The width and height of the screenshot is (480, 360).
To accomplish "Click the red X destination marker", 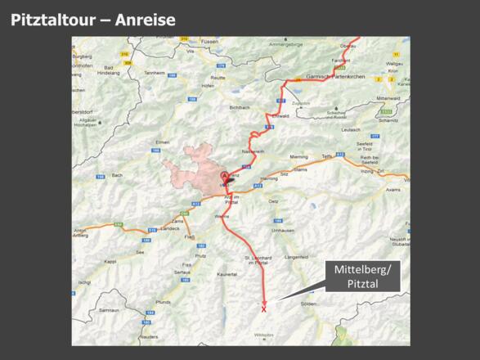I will (x=263, y=309).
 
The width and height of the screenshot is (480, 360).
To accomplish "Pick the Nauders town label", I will (x=148, y=336).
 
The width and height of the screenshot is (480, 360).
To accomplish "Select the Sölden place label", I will (x=308, y=304).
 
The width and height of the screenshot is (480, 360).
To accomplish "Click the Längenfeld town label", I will (x=295, y=256).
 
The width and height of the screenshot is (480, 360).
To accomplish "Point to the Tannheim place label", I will (x=155, y=72).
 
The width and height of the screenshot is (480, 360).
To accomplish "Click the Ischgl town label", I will (x=84, y=282).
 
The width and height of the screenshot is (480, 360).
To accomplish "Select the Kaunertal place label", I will (x=227, y=274).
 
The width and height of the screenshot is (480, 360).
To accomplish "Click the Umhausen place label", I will (x=283, y=231).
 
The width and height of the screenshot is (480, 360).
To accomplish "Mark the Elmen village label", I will (x=162, y=142).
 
